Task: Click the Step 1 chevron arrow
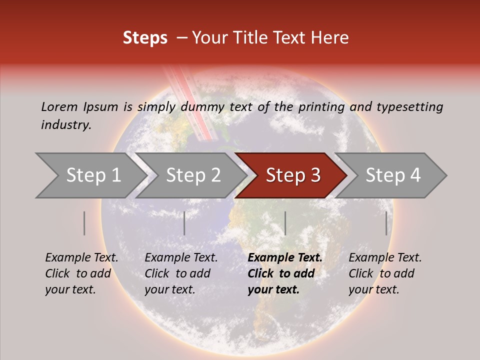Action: [x=93, y=175]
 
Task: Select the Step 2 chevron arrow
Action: [x=193, y=175]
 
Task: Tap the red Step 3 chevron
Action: [x=293, y=175]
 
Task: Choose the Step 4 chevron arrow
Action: [x=393, y=175]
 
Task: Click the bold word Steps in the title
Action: [x=145, y=37]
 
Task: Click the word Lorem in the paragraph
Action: [x=59, y=106]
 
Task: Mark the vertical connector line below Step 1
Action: [x=84, y=223]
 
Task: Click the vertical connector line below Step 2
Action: [x=184, y=223]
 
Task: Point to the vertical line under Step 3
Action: [x=285, y=223]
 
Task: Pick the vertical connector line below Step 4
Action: [x=386, y=223]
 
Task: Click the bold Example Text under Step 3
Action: [x=285, y=257]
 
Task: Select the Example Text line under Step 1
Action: [x=81, y=257]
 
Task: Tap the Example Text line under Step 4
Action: [x=385, y=257]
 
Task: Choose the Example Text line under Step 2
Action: [x=181, y=257]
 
